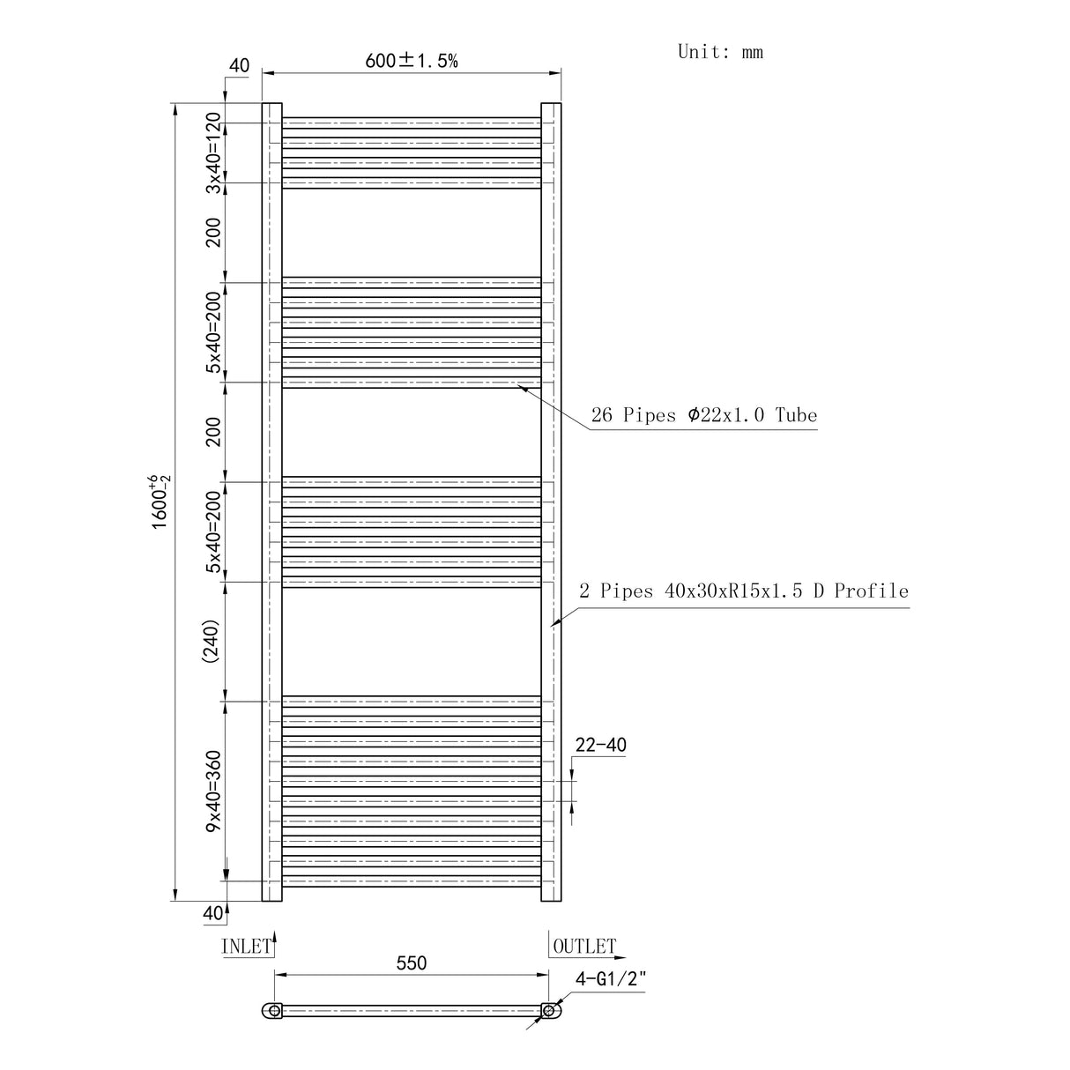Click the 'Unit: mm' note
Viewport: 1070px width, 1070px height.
click(x=720, y=52)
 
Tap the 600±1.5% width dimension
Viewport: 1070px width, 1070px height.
click(x=412, y=61)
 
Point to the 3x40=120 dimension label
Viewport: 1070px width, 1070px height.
click(x=212, y=152)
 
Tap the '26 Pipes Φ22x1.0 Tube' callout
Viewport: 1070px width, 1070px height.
click(x=703, y=415)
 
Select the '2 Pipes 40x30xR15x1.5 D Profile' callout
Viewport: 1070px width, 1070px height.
click(x=743, y=591)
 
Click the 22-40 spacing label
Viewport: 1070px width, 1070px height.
click(x=600, y=746)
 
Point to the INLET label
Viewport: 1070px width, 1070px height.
click(x=247, y=947)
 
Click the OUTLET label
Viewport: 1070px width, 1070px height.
click(x=583, y=947)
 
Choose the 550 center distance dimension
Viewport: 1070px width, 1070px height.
click(x=411, y=963)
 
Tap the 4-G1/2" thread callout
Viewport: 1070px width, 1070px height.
click(x=611, y=977)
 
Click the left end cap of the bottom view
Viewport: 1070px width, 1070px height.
click(x=273, y=1011)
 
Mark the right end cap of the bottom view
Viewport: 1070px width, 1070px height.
click(x=551, y=1011)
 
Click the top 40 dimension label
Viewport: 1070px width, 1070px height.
click(x=239, y=66)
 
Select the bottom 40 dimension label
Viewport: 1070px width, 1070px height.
click(x=213, y=913)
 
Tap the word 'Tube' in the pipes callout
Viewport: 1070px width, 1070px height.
click(x=796, y=415)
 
